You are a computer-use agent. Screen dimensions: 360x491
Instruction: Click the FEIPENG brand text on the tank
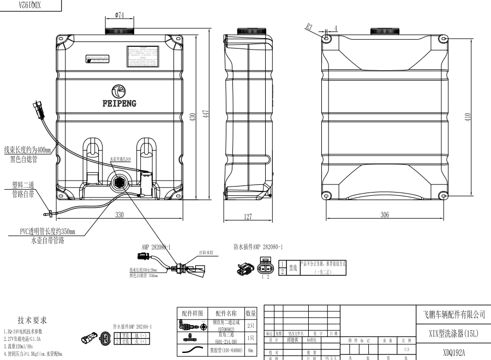[119, 103]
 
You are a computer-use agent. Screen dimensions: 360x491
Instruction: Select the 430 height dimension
[192, 117]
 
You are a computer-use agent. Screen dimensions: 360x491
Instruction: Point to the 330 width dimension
[119, 215]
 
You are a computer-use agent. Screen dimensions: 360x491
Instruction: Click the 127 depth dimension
[248, 217]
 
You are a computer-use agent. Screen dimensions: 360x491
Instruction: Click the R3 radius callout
[309, 26]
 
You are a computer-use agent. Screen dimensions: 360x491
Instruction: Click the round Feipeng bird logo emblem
[119, 91]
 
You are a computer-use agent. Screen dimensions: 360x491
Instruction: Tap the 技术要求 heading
[33, 320]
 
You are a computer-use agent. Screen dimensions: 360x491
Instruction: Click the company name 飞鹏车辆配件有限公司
[454, 315]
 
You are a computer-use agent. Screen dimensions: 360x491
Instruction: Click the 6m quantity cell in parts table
[251, 350]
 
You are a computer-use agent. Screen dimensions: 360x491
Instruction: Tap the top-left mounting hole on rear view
[327, 39]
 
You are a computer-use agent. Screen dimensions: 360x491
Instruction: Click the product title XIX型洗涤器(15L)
[454, 333]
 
